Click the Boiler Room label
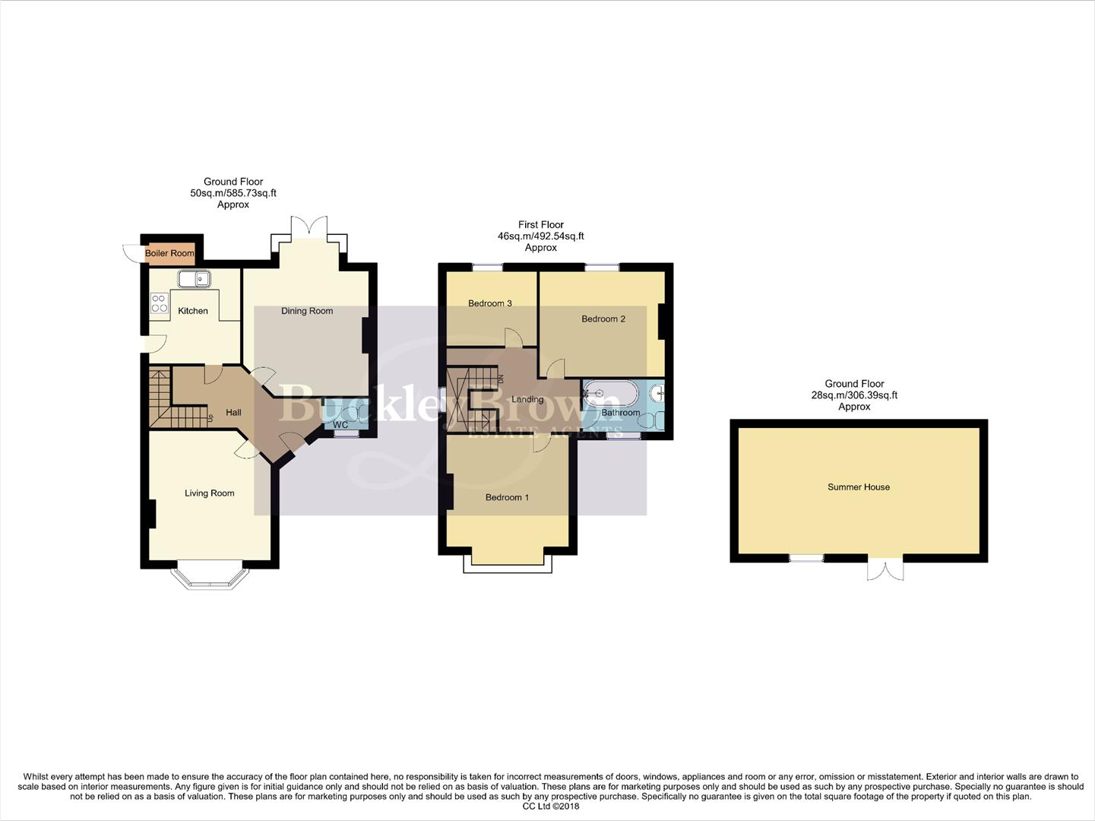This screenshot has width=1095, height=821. [x=169, y=253]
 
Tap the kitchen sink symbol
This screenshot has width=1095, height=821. [x=195, y=279]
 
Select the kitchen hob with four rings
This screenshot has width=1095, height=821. [x=160, y=303]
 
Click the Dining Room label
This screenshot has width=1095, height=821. [x=307, y=311]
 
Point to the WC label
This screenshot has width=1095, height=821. [x=340, y=425]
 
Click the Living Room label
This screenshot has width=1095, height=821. [x=209, y=493]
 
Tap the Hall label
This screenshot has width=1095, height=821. [x=233, y=413]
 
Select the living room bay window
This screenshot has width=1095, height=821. [x=210, y=577]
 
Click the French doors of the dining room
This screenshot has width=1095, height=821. [x=309, y=227]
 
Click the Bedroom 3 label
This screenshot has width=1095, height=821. [x=489, y=303]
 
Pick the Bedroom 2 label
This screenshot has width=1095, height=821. [x=603, y=319]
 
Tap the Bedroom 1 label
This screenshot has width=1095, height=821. [x=507, y=497]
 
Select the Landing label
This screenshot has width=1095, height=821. [x=527, y=399]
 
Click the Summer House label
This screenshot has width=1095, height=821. [x=858, y=487]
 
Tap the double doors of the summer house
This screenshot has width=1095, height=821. [x=885, y=569]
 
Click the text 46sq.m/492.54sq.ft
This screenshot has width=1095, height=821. [x=540, y=236]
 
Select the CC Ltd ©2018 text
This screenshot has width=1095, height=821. [x=550, y=807]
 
